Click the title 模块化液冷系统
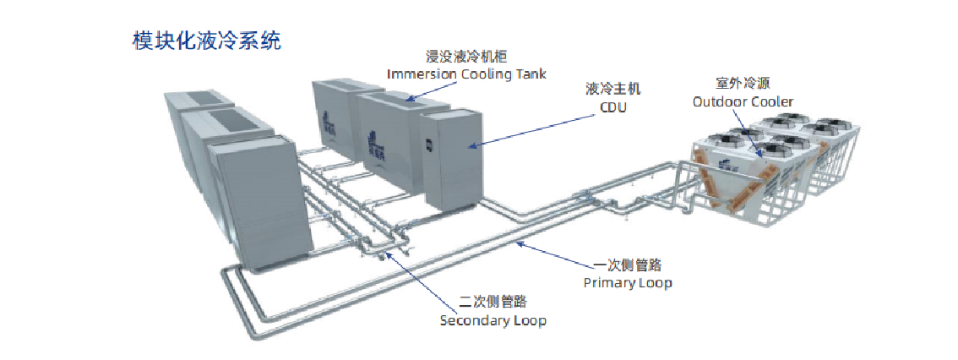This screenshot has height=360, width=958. (207, 40)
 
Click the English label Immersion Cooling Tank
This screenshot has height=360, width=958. (466, 74)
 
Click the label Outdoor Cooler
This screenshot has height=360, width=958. (743, 101)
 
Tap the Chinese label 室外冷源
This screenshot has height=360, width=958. (743, 83)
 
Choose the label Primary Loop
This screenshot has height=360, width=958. (628, 282)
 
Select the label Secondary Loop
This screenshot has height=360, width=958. (493, 320)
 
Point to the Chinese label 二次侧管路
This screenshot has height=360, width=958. (493, 302)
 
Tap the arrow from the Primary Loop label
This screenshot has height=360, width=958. (550, 254)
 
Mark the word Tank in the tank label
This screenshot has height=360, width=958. (530, 74)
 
